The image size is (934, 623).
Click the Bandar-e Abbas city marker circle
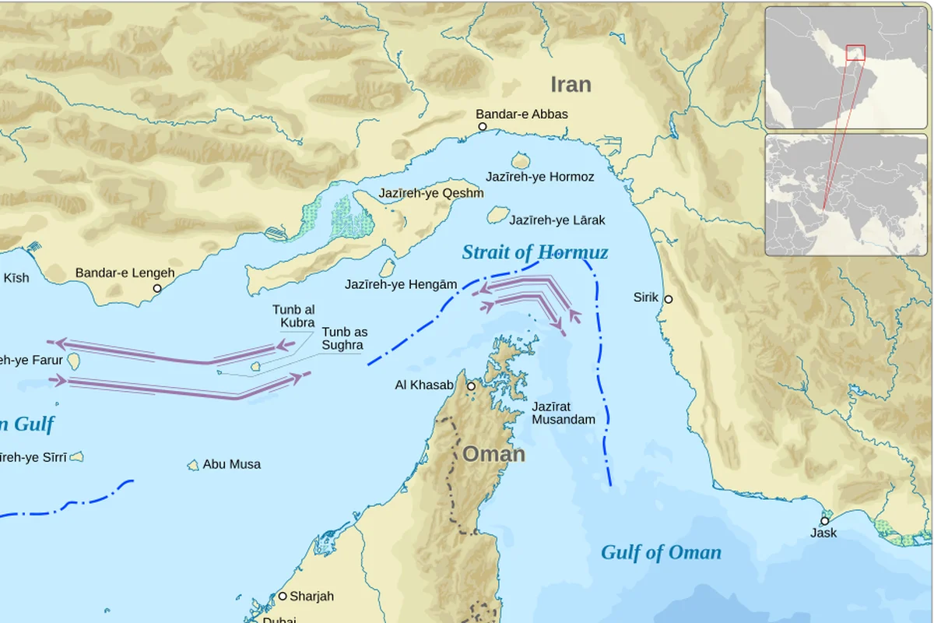click(x=482, y=126)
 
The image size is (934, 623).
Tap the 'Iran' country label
click(x=571, y=84)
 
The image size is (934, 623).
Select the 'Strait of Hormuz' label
click(x=535, y=252)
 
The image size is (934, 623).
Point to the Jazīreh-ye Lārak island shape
click(x=498, y=215)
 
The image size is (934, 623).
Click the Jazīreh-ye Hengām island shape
click(x=387, y=268)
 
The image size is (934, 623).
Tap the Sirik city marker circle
click(x=668, y=299)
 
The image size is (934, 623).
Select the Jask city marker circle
click(x=824, y=521)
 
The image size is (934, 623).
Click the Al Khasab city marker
click(x=471, y=386)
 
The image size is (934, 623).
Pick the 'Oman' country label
click(x=493, y=454)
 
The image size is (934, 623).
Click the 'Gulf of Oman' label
click(x=661, y=553)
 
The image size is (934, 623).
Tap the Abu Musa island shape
click(x=193, y=465)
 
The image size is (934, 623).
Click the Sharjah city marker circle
click(x=283, y=597)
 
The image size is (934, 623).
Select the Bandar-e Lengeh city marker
click(x=156, y=288)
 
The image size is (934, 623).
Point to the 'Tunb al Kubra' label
click(x=293, y=316)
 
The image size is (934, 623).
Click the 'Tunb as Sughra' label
click(x=344, y=338)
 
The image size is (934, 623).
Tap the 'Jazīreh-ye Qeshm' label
click(x=431, y=193)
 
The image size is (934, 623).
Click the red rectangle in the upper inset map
click(x=855, y=52)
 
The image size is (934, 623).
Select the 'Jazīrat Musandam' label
click(x=563, y=413)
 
